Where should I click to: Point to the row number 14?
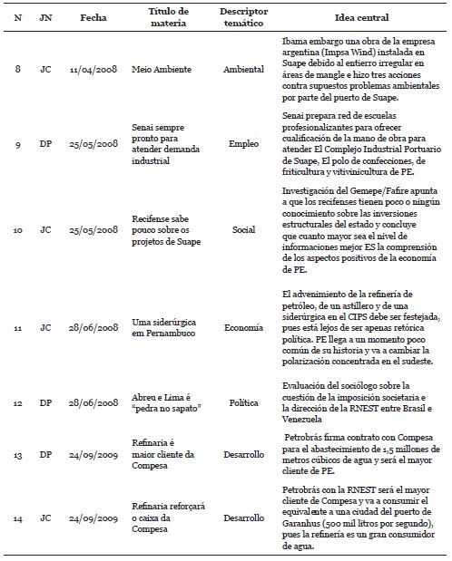pyautogui.click(x=18, y=519)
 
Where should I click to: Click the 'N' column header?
pyautogui.click(x=18, y=18)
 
